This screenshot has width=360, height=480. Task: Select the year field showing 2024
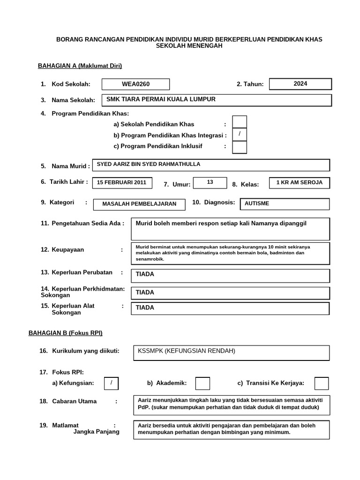300,84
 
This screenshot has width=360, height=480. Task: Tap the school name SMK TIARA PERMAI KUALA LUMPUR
218,100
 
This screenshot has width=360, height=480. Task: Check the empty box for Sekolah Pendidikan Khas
240,122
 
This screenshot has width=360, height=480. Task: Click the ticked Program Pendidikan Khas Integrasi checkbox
240,135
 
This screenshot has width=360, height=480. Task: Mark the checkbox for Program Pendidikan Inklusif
240,147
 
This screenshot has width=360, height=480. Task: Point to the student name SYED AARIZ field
212,165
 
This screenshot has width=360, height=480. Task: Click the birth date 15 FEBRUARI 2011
122,183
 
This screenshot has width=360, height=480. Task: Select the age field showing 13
210,183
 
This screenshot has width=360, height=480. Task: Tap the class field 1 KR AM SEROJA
299,183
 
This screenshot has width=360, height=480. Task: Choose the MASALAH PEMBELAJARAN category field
139,204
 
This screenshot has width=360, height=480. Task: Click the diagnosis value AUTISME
285,204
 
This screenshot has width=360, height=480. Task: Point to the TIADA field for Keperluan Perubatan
230,275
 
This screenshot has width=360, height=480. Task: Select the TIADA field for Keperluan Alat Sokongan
230,308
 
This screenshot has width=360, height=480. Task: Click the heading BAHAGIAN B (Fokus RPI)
66,333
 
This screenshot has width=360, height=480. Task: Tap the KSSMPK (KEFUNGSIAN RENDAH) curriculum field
231,352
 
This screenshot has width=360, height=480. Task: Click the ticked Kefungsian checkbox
111,383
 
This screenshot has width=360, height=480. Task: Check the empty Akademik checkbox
202,383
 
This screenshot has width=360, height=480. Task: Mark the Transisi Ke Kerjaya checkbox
322,383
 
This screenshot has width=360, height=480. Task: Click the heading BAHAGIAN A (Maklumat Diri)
80,66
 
